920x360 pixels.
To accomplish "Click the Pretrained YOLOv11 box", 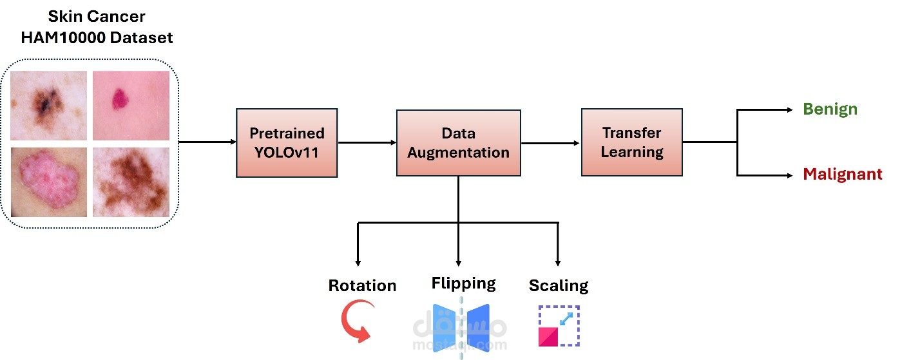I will (x=287, y=143).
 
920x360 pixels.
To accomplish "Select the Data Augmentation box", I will (x=458, y=143).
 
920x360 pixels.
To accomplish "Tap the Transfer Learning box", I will (x=631, y=142).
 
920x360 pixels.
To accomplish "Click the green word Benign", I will (x=830, y=109).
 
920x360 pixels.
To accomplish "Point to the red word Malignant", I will (x=842, y=175).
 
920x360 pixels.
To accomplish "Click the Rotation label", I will (x=362, y=285).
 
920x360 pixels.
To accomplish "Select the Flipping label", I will (x=463, y=283).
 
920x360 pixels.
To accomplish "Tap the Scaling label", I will (x=559, y=285).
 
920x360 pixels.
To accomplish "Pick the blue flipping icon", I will (x=461, y=326).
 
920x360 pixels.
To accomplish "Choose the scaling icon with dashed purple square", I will (x=559, y=326).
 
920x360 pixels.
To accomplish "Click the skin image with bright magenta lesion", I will (x=131, y=105).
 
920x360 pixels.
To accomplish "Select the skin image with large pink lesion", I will (x=49, y=182).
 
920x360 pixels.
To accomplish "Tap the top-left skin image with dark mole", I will (x=49, y=105).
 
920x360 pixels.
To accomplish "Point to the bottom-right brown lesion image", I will (x=131, y=182).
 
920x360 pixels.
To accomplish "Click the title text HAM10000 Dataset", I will (x=97, y=37).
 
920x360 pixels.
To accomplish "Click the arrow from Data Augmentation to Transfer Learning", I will (x=551, y=143).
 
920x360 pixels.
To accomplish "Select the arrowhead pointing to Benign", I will (x=789, y=109).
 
